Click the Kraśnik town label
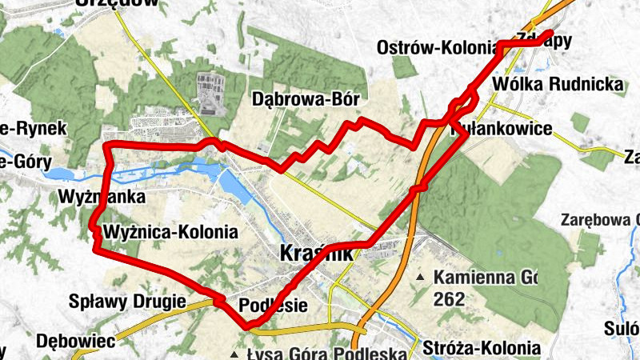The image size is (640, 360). pos(317,254)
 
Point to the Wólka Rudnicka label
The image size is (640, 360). pos(558,83)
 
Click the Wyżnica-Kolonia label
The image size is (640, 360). pos(170,233)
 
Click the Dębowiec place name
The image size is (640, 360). pos(76,340)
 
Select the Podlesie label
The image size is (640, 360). pos(274,305)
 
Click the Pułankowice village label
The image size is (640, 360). pos(502,128)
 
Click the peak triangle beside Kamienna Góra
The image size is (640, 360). pos(422,278)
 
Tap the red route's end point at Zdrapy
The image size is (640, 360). pos(550,34)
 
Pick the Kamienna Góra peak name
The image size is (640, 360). pos(484,278)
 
